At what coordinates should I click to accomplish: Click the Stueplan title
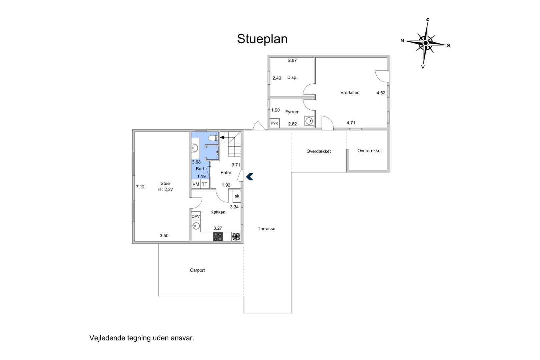click(262, 39)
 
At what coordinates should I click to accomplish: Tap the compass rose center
click(425, 43)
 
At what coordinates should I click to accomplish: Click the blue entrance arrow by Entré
click(250, 177)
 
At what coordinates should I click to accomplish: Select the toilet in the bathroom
click(213, 138)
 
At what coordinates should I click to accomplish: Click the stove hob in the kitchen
click(218, 237)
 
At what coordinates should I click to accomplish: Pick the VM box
click(196, 184)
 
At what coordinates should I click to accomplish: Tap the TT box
click(205, 184)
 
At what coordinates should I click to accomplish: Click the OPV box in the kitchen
click(196, 217)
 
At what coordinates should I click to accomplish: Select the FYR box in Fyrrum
click(275, 123)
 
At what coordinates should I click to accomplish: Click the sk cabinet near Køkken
click(237, 196)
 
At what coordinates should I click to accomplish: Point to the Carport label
click(197, 270)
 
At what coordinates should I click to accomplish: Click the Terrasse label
click(266, 229)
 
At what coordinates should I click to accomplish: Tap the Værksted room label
click(350, 93)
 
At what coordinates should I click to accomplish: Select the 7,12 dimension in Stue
click(140, 187)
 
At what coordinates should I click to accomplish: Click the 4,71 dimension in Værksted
click(351, 123)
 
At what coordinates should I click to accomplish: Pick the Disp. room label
click(292, 78)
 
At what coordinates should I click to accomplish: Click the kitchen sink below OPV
click(196, 226)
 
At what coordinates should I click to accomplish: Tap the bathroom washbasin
click(195, 148)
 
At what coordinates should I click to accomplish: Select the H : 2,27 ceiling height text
click(165, 190)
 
